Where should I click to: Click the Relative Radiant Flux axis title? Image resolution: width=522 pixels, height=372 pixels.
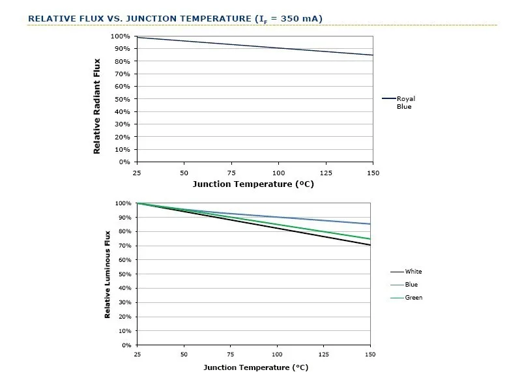96,106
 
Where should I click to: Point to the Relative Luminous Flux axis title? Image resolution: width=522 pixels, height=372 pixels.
107,274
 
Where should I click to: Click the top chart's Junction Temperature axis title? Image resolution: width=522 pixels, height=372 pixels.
254,184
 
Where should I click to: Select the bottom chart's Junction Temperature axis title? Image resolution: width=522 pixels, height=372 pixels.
255,367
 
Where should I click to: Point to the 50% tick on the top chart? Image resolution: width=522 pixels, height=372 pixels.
122,99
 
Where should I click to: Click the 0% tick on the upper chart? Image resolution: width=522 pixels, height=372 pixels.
124,162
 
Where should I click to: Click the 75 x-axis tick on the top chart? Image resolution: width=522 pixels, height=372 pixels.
231,173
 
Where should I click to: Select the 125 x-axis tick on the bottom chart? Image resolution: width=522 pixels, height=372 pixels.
324,354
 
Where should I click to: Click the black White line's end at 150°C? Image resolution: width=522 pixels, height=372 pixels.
370,245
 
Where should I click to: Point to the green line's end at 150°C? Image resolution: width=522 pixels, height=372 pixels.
370,239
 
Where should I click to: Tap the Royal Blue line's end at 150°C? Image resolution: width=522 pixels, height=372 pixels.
373,55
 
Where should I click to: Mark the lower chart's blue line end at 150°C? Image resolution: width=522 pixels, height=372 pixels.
370,224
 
